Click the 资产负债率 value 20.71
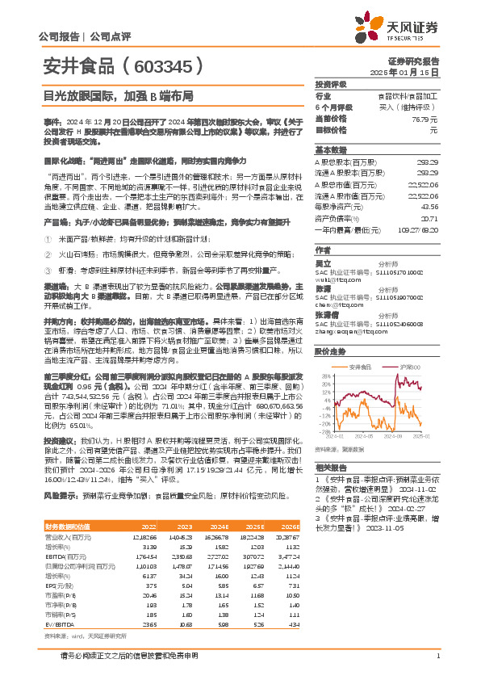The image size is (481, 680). pyautogui.click(x=430, y=218)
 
